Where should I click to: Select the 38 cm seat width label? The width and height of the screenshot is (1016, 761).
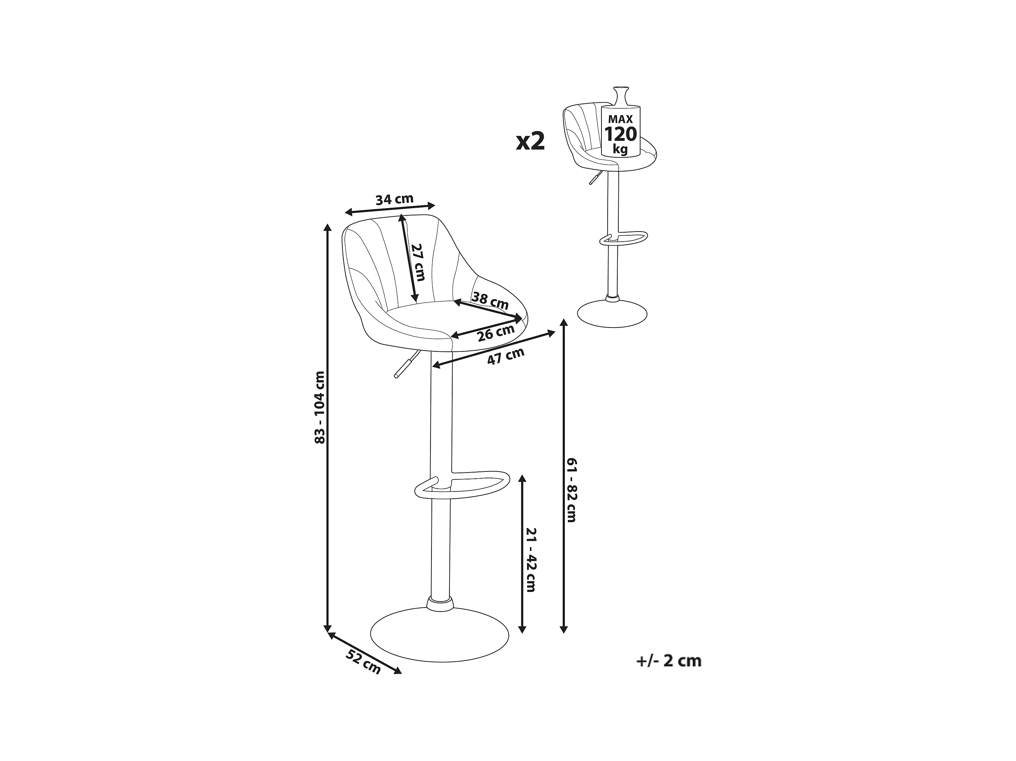pyautogui.click(x=491, y=301)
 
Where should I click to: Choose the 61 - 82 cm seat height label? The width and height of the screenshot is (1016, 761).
pyautogui.click(x=571, y=490)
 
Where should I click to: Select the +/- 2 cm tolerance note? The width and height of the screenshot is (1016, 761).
pyautogui.click(x=669, y=661)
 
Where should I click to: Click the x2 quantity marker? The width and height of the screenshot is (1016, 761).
pyautogui.click(x=531, y=141)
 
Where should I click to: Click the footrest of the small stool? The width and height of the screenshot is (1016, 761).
pyautogui.click(x=625, y=239)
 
